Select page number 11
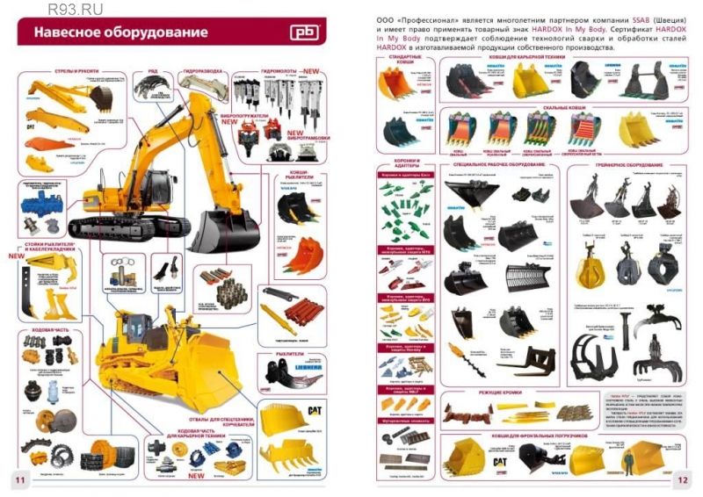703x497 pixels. coord(18,479)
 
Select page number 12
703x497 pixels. coord(684,479)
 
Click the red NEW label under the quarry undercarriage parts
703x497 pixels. coord(196,478)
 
